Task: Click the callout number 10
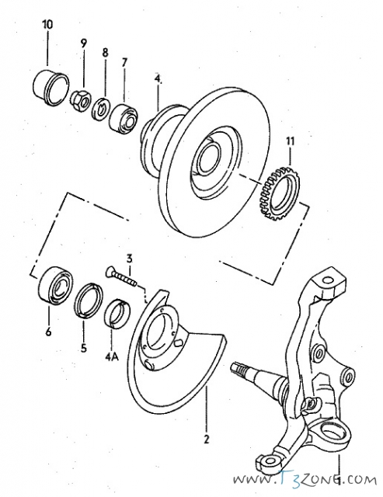(x=47, y=25)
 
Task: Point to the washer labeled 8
(x=102, y=109)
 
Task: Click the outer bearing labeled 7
(x=124, y=116)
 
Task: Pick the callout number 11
(x=291, y=141)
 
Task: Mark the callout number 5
(x=83, y=349)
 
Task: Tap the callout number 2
(x=207, y=440)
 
